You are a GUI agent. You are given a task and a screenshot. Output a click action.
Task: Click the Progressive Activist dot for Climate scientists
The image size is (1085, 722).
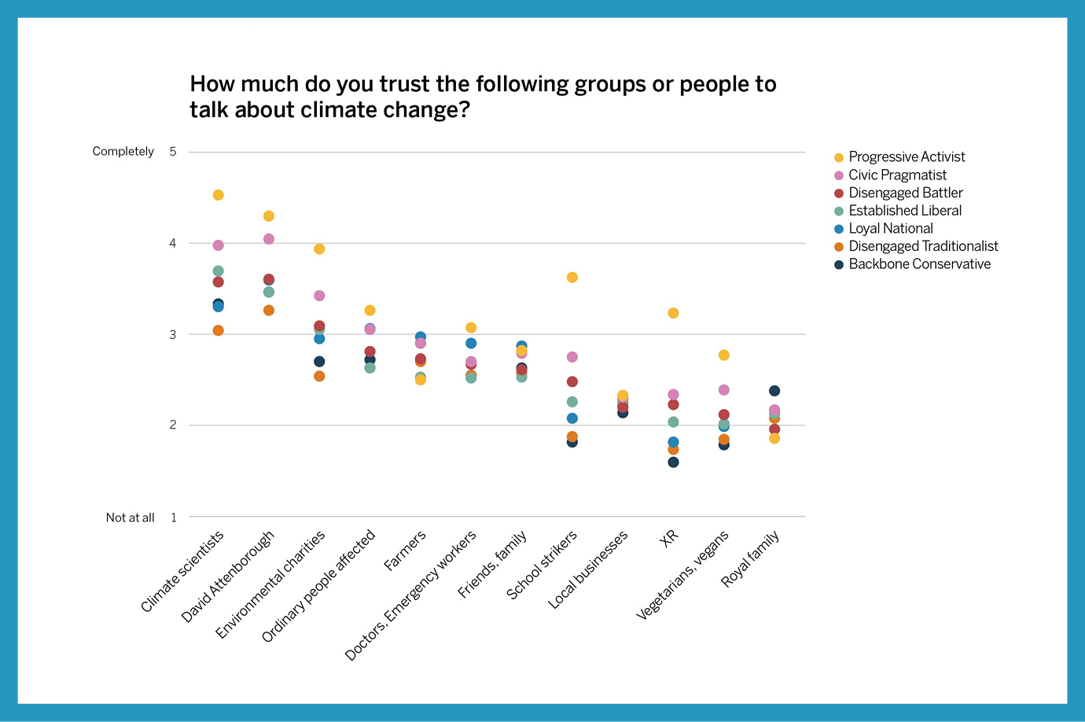[218, 195]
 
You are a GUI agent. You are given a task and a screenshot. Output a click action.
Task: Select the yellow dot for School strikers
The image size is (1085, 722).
[572, 277]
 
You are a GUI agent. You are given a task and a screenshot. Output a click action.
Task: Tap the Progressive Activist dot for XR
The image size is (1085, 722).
[673, 313]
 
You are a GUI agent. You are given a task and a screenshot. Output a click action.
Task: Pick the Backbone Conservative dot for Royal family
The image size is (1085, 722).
[774, 391]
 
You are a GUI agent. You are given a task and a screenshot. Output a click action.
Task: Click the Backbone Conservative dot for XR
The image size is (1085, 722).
[673, 462]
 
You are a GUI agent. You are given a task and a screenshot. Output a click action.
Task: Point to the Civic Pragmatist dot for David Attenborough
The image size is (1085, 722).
[269, 239]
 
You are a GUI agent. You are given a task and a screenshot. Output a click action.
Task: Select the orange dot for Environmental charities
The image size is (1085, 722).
[319, 376]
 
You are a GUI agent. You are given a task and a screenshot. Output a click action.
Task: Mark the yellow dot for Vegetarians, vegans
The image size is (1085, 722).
[724, 355]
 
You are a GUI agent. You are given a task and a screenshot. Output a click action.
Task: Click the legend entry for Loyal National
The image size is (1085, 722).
[890, 229]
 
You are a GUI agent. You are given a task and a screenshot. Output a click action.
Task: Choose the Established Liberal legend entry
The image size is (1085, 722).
[904, 211]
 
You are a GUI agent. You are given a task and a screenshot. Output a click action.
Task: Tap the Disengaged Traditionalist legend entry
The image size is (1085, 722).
[923, 246]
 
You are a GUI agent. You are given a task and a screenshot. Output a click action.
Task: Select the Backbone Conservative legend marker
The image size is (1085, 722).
[839, 265]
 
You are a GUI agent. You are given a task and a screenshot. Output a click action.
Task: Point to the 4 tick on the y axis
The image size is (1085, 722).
[173, 243]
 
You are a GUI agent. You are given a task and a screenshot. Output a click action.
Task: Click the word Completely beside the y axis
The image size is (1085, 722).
[123, 151]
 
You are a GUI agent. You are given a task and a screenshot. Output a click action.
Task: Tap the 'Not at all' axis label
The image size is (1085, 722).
[131, 518]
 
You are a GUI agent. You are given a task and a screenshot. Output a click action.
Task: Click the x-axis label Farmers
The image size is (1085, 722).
[406, 551]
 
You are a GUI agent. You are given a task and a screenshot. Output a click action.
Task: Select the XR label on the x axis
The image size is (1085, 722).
[668, 539]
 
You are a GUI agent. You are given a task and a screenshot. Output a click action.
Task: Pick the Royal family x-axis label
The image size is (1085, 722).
[751, 558]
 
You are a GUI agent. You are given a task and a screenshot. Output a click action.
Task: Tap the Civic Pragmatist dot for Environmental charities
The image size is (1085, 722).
[319, 296]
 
